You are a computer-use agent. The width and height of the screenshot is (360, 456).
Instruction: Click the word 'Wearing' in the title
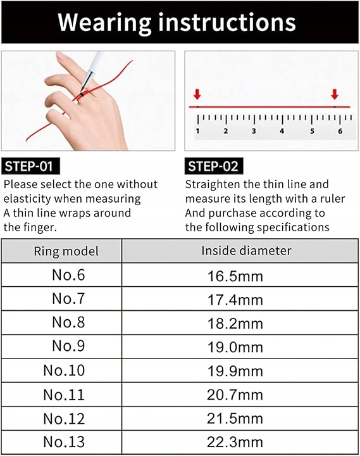104,22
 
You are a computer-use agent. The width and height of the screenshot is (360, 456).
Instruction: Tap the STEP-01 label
30,166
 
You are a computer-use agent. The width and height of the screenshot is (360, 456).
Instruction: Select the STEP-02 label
214,166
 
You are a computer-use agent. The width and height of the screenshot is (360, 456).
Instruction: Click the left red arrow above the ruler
197,94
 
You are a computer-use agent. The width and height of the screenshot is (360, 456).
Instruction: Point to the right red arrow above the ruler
335,94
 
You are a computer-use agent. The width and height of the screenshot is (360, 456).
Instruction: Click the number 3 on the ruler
254,131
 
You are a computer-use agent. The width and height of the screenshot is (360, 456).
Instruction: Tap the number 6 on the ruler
340,131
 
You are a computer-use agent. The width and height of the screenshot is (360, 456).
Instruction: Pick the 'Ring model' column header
66,251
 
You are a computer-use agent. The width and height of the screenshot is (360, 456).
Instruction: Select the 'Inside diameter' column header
246,251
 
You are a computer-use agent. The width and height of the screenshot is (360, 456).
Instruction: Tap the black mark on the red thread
82,94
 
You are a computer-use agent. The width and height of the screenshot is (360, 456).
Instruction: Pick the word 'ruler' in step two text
332,199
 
